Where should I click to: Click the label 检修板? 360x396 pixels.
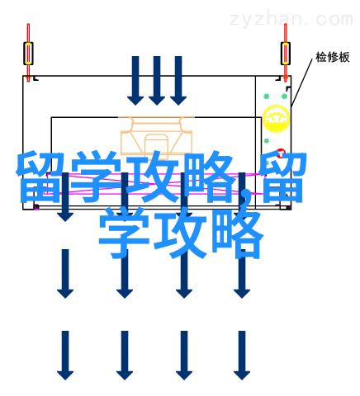coord(333,57)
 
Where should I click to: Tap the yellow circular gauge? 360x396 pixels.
coord(276,119)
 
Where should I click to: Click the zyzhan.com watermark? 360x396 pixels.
coord(291,19)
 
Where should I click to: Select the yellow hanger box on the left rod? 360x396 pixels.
coord(28,54)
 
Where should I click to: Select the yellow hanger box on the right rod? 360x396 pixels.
coord(286,54)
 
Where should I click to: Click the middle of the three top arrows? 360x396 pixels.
coord(157,81)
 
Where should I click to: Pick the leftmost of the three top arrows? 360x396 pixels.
coord(135,81)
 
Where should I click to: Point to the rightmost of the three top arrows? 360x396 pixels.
coord(178,81)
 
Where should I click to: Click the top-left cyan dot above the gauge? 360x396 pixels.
coord(266,97)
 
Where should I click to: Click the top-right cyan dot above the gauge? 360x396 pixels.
coord(284,97)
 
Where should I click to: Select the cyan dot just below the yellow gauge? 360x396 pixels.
coord(267,141)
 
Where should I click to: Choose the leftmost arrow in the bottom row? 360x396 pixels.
coord(65,356)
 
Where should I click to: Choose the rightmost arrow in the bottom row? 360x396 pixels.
coord(242,356)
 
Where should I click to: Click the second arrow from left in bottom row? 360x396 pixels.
coord(125,356)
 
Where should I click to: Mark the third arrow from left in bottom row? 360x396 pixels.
coord(184,356)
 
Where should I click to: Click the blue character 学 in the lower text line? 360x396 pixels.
coord(125,233)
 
